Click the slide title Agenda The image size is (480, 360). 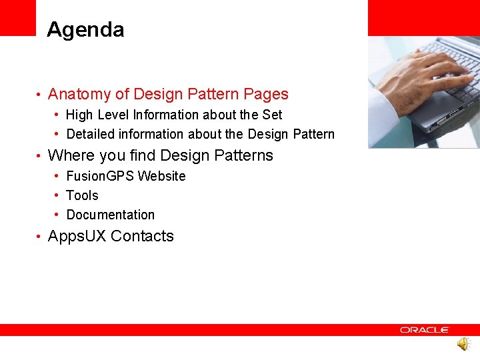tap(85, 30)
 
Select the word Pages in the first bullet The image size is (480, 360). tap(266, 95)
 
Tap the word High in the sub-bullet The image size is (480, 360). tap(79, 115)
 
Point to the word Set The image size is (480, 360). tap(272, 115)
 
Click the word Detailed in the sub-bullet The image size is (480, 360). tap(91, 134)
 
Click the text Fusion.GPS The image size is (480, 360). tap(100, 176)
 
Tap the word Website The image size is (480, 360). tap(161, 176)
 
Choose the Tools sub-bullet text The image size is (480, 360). tap(82, 195)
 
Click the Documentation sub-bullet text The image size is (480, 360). tap(111, 215)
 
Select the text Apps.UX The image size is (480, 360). tap(77, 236)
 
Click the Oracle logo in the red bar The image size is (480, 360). tap(425, 330)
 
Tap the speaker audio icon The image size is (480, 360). tap(463, 345)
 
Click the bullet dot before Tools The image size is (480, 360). tap(59, 195)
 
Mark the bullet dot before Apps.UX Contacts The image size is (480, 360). tap(39, 237)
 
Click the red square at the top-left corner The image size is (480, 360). tap(17, 17)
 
